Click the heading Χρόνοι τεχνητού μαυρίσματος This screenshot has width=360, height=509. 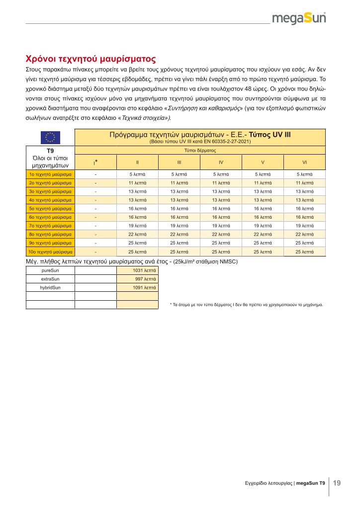(x=91, y=59)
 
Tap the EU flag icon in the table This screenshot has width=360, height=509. (x=50, y=137)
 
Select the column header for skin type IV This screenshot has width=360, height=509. (x=221, y=162)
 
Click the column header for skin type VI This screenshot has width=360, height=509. (x=304, y=162)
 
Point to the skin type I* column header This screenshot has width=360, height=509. (x=95, y=162)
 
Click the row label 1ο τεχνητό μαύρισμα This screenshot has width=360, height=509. (x=50, y=174)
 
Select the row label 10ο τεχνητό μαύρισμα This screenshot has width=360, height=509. (x=50, y=252)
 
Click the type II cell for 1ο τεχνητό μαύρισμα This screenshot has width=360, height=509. (x=137, y=174)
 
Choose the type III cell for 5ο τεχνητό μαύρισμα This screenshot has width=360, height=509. (x=179, y=209)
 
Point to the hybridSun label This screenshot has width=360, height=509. (x=50, y=287)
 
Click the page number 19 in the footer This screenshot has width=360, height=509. (x=337, y=483)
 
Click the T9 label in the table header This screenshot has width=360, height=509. (x=50, y=150)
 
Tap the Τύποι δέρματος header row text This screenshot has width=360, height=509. (x=200, y=150)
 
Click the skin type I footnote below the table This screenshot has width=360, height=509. (x=246, y=304)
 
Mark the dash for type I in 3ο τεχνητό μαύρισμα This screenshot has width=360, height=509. (x=95, y=192)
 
